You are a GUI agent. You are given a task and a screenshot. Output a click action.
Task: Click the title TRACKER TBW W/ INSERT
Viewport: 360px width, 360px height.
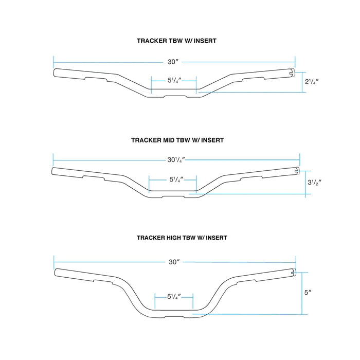tap(176, 41)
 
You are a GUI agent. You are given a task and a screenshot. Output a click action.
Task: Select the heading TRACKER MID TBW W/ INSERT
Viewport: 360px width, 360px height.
tap(177, 140)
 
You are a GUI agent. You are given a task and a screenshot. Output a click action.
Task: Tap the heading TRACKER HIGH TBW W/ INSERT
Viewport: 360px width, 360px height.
tap(182, 238)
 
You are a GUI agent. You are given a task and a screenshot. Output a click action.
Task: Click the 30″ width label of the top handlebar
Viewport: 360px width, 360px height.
tap(173, 62)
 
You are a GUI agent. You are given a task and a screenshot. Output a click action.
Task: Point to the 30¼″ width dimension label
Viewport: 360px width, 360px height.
tap(176, 160)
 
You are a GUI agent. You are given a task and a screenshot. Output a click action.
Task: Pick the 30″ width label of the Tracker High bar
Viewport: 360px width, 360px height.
tap(174, 262)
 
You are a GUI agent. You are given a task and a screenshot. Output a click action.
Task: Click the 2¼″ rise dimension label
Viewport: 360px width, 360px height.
tap(312, 81)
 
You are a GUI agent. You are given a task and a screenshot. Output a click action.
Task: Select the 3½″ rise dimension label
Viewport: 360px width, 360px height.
tap(314, 183)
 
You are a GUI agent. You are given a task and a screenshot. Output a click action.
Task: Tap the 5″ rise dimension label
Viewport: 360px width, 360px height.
tap(308, 293)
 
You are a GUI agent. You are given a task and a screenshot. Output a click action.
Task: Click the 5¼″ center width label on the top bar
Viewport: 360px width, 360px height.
tap(174, 80)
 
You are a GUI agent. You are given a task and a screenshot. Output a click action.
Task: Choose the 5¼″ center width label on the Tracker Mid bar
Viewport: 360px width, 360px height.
tap(176, 179)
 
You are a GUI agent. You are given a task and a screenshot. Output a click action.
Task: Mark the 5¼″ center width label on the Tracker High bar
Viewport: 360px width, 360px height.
tap(174, 297)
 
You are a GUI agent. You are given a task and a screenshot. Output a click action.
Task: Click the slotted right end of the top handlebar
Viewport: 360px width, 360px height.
tap(292, 73)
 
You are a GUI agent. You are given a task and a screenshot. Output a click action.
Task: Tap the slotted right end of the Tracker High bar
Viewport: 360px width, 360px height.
tap(293, 272)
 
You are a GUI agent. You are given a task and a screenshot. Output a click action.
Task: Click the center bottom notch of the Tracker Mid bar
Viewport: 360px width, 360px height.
tap(174, 197)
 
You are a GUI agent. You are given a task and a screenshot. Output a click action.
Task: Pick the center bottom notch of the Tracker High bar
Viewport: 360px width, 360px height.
tap(174, 317)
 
